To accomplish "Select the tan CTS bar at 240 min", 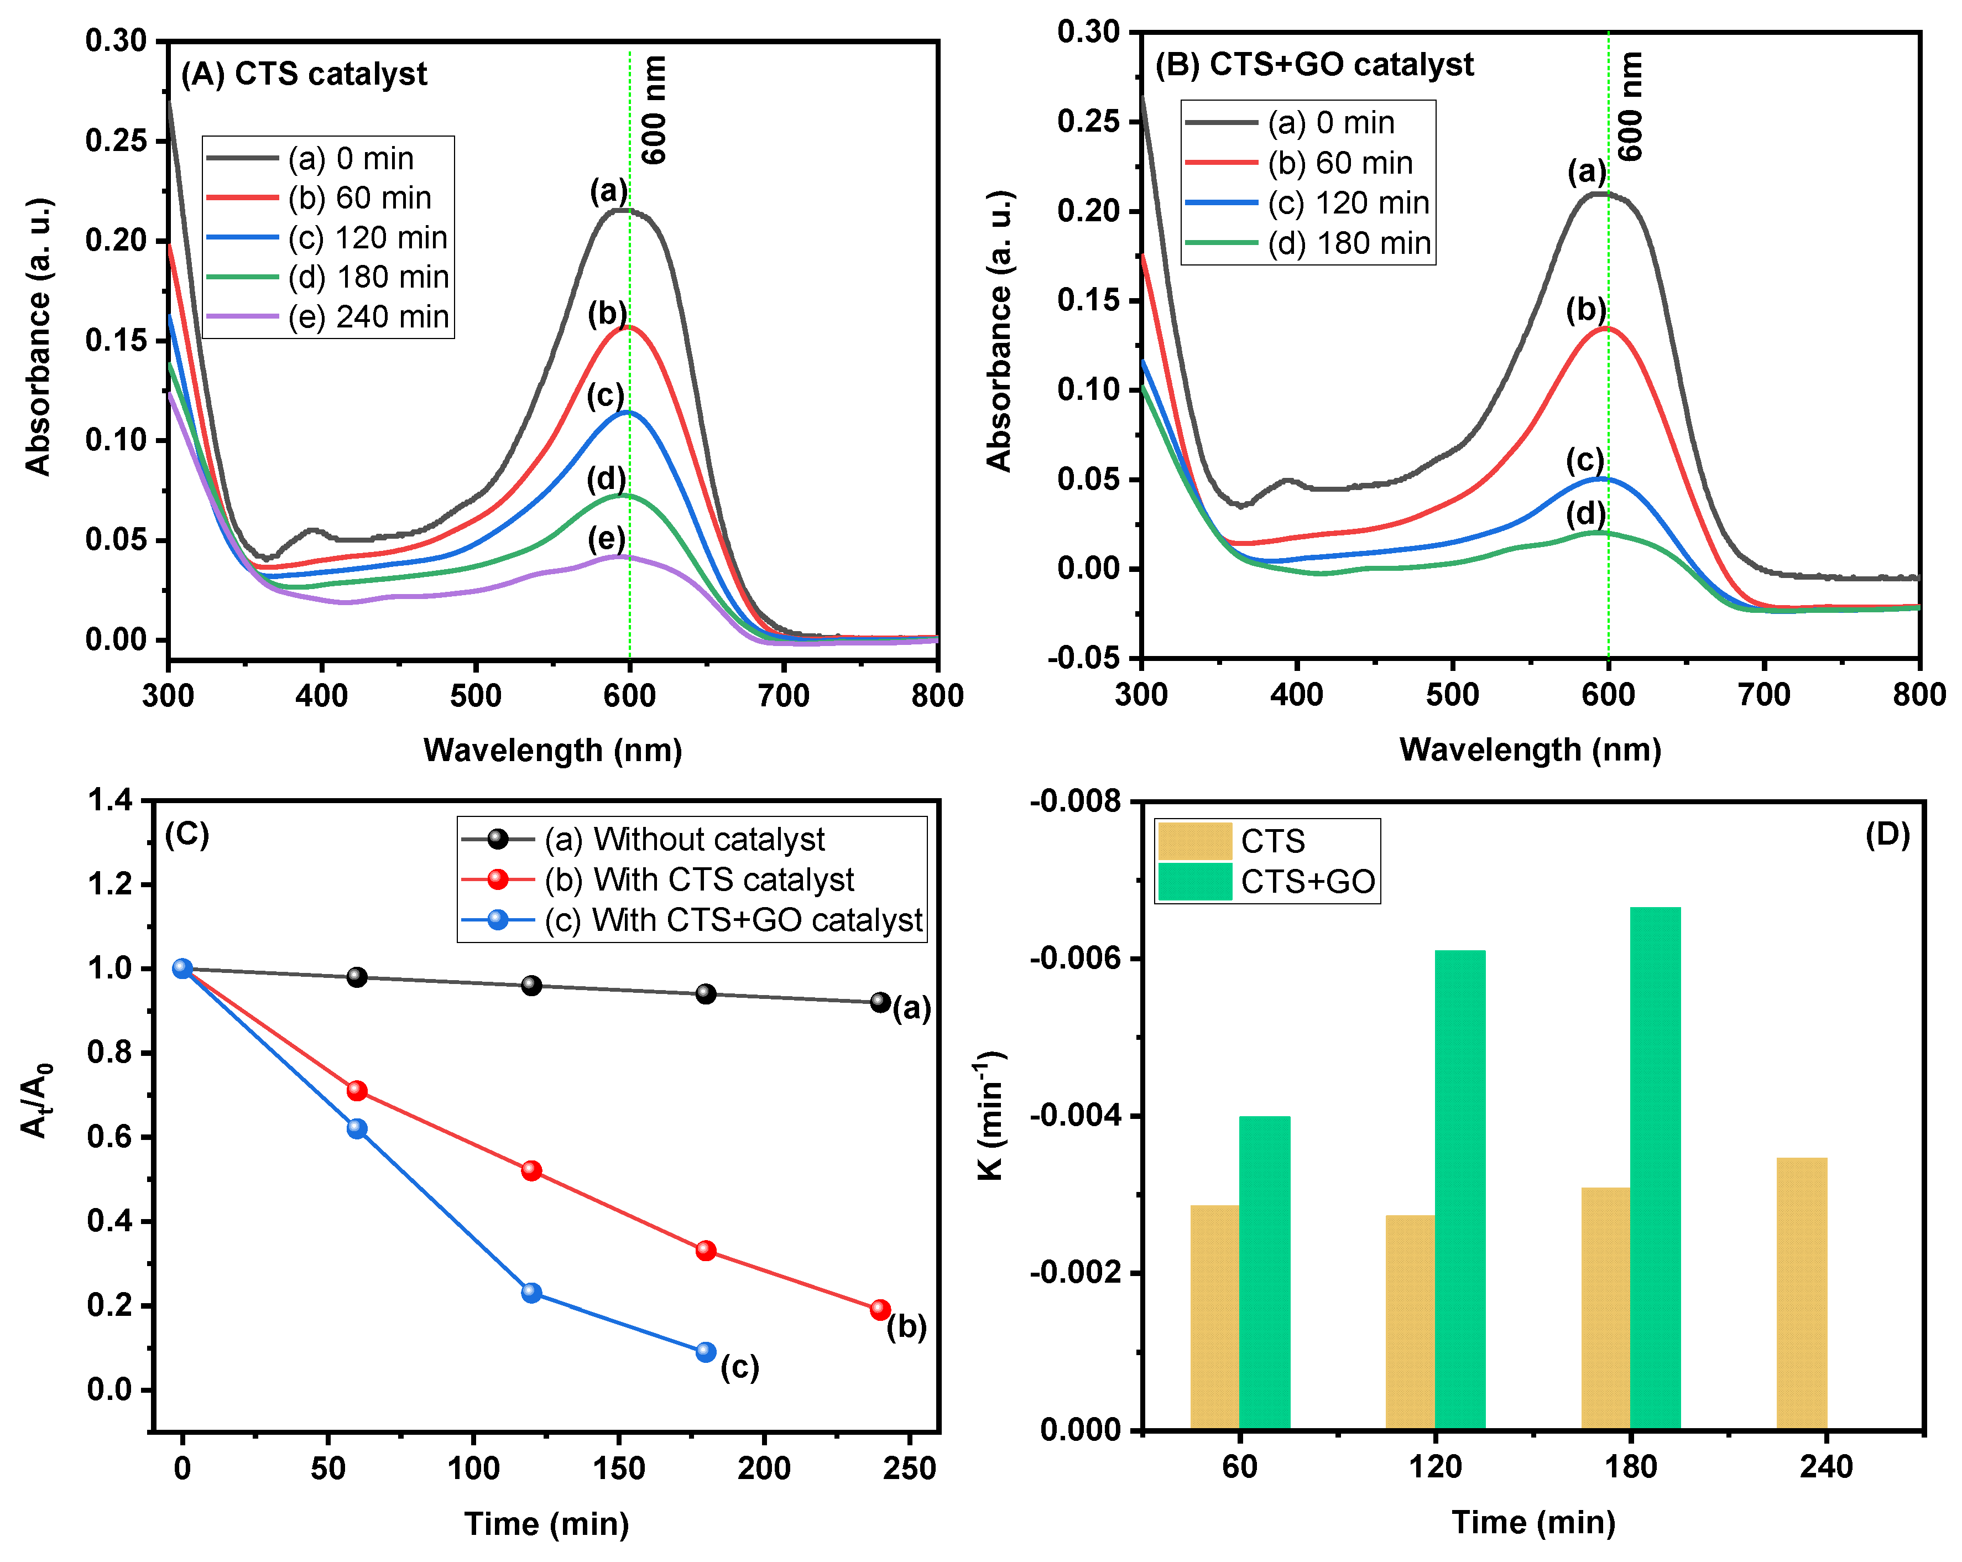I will tap(1801, 1293).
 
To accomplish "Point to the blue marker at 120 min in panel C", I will tap(531, 1293).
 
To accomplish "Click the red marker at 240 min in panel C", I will tap(880, 1309).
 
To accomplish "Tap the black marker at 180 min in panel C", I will tap(705, 993).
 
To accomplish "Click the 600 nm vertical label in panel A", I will tap(654, 109).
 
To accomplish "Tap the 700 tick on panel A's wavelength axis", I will tap(784, 695).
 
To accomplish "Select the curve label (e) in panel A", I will tap(606, 538).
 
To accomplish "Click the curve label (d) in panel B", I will tap(1585, 513).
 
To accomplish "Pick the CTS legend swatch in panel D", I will tap(1194, 841).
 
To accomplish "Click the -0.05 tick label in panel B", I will tap(1083, 658).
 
